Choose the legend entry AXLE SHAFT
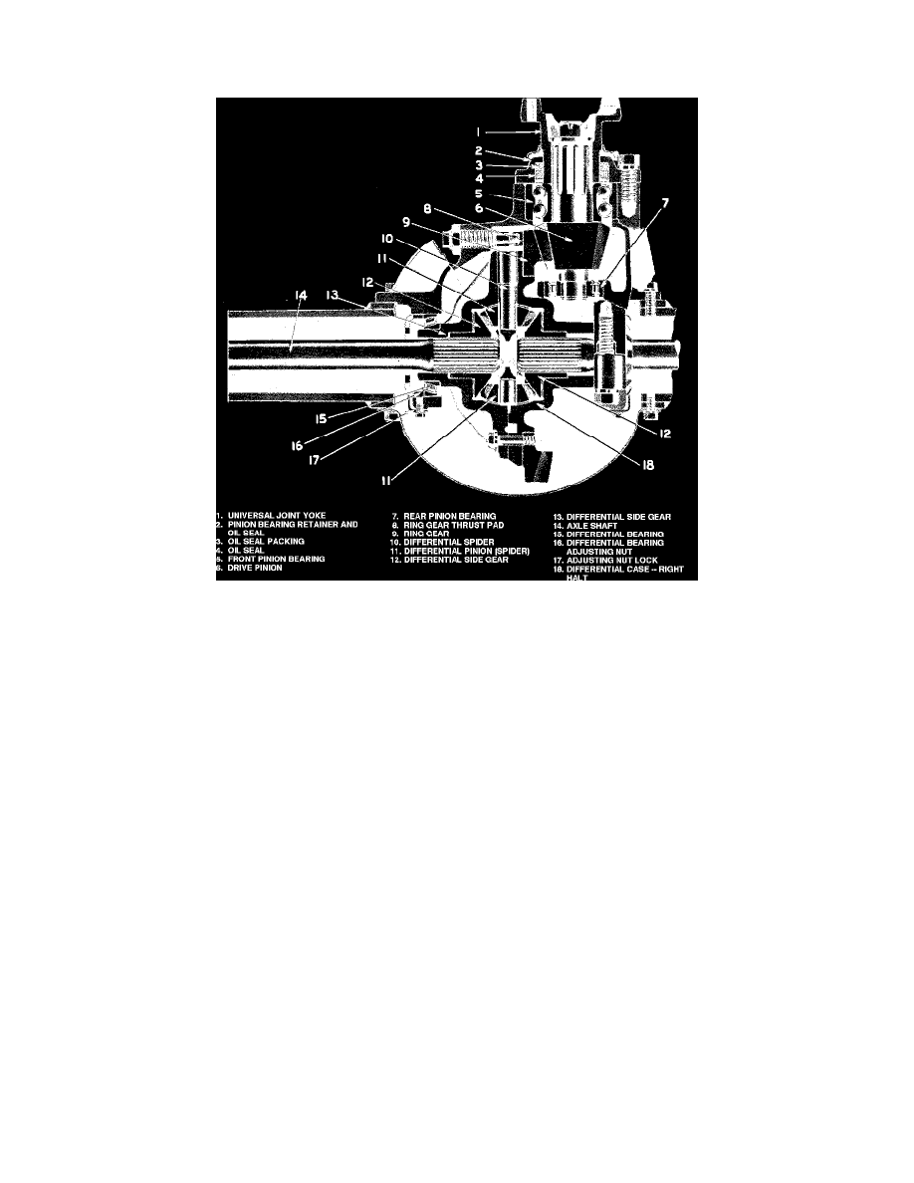point(591,526)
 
